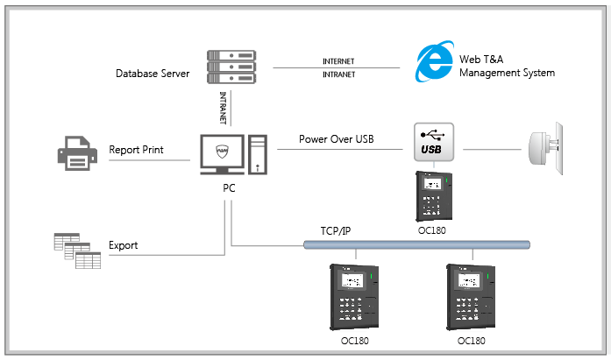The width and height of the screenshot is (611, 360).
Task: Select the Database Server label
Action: tap(152, 73)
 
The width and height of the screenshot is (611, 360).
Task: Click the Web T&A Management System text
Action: tap(508, 67)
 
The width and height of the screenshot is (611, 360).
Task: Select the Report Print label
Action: tap(136, 150)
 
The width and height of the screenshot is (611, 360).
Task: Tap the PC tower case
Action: tap(258, 154)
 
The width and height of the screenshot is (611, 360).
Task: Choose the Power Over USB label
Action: tap(337, 138)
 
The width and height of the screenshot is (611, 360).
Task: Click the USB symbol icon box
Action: tap(432, 143)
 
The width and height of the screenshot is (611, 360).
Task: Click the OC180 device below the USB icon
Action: tap(433, 198)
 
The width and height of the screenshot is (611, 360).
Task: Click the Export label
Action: tap(124, 245)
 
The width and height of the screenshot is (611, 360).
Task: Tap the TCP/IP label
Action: tap(337, 231)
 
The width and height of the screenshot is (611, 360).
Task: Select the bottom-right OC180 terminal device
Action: tap(472, 296)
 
